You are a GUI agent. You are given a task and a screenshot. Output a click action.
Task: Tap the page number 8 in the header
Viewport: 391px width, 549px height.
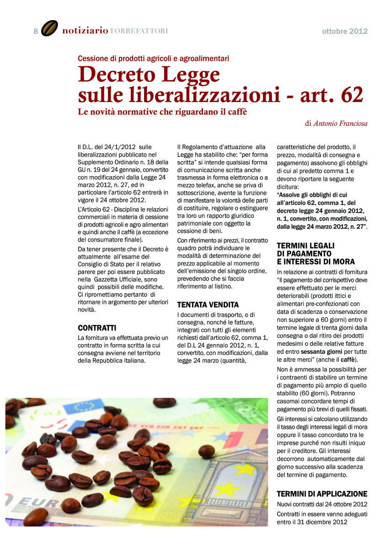click(x=35, y=31)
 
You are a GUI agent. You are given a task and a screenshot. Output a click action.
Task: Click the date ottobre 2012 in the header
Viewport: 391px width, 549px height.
click(x=344, y=32)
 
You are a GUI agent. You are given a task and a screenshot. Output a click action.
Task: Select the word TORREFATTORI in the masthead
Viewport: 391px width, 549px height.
click(x=139, y=31)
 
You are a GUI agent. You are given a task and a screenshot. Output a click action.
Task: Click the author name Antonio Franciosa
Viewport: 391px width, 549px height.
click(x=340, y=123)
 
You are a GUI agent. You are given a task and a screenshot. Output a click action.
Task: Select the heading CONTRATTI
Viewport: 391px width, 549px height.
click(x=97, y=328)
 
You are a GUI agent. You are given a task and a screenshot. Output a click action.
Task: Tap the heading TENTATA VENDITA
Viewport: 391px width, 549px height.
click(x=202, y=304)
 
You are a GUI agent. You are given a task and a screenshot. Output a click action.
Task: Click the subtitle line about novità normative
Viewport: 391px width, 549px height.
click(x=162, y=112)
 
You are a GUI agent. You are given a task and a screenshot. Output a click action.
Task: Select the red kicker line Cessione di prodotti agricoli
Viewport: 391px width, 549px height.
click(x=153, y=58)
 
